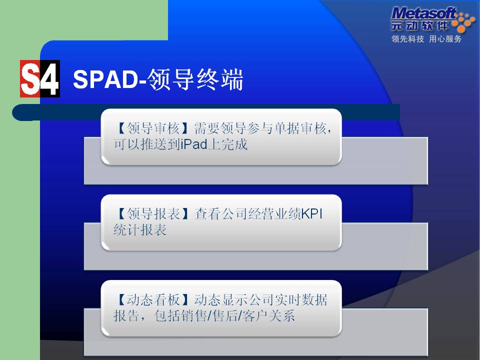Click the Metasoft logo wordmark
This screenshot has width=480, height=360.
[x=424, y=14]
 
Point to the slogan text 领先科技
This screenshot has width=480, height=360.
[x=407, y=39]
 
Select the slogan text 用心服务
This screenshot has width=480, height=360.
[x=445, y=39]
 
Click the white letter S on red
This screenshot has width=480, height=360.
[x=30, y=79]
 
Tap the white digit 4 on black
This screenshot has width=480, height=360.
[x=50, y=79]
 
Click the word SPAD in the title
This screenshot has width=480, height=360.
[x=106, y=79]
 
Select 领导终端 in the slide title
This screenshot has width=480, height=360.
[x=195, y=79]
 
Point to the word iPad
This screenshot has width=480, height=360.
[x=194, y=144]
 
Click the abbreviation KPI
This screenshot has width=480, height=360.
[x=312, y=214]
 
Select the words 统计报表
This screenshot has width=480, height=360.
[x=140, y=230]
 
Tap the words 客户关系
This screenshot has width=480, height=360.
[x=268, y=316]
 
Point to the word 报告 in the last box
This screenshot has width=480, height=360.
[x=126, y=316]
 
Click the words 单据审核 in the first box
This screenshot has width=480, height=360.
[x=300, y=128]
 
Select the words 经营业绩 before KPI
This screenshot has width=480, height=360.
[x=274, y=214]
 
